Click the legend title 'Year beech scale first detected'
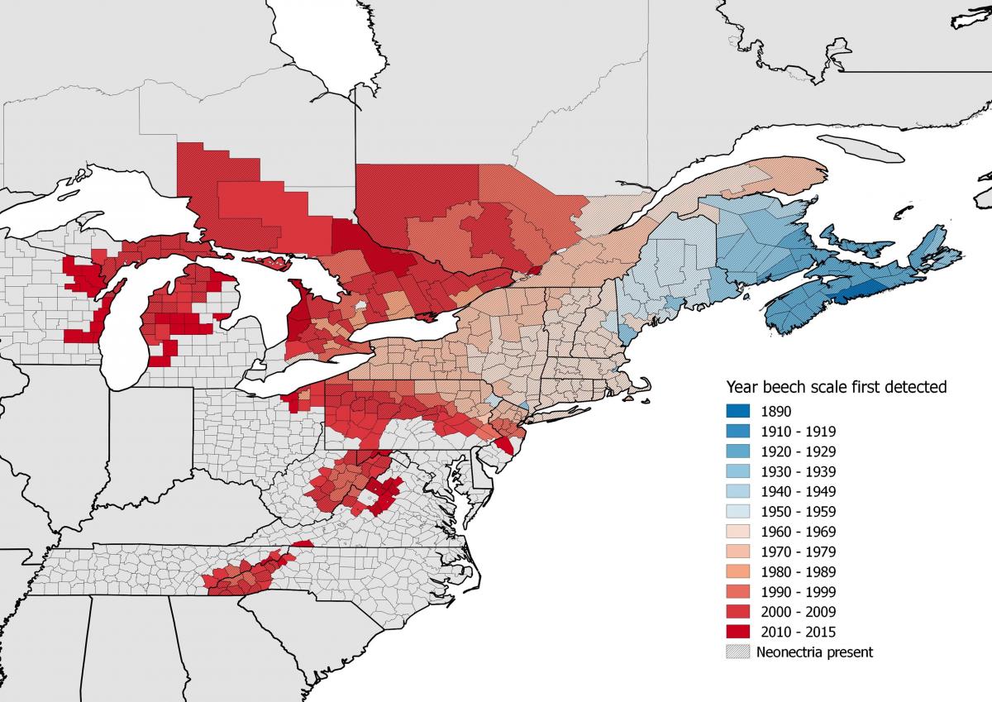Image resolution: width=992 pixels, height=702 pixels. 836,386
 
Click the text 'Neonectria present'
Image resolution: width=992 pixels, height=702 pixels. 814,652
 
